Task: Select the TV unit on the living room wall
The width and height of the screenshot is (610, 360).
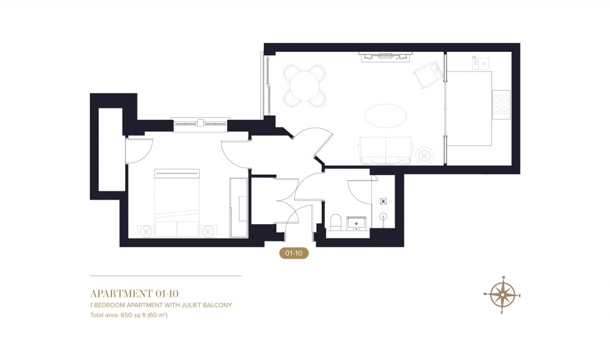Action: pos(384,56)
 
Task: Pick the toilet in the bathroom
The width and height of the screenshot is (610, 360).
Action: pos(335,222)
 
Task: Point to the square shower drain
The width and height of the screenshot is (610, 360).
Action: pos(384,201)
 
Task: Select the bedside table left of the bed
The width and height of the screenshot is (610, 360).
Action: pos(145,230)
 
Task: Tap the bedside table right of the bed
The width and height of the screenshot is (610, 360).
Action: pos(208,230)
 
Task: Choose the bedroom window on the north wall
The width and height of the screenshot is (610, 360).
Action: pos(200,123)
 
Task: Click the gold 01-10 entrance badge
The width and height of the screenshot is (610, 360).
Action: pos(294,253)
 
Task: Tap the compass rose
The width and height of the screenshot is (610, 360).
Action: pos(503,294)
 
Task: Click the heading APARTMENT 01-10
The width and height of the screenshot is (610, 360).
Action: pos(134,293)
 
